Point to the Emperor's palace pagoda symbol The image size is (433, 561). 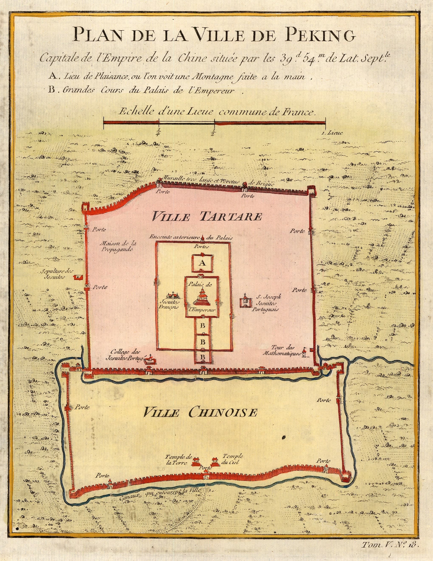click(202, 297)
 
